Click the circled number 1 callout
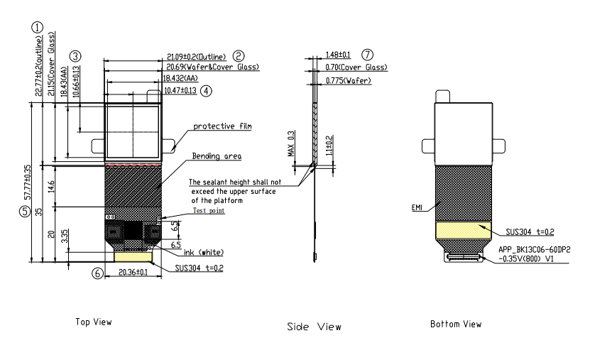(37, 28)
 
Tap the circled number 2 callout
(239, 55)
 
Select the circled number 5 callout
(24, 211)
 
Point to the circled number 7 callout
(367, 55)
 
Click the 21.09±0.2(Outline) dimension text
(196, 56)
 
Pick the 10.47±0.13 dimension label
(180, 90)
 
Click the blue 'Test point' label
(209, 211)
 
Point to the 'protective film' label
(223, 126)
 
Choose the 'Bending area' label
(217, 156)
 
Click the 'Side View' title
(314, 327)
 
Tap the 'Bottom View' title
(456, 324)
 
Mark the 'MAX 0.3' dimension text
(290, 145)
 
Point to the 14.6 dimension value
(50, 186)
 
